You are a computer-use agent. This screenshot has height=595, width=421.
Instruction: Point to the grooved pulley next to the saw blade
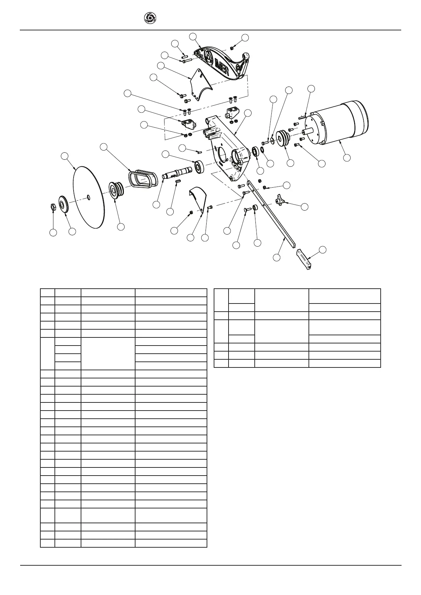[x=116, y=190]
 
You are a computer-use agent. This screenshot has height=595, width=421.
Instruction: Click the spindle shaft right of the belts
[x=177, y=173]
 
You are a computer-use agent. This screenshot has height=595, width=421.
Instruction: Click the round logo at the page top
[x=150, y=18]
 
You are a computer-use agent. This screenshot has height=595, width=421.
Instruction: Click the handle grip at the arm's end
[x=304, y=259]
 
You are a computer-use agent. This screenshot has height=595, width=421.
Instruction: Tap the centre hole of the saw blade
[x=88, y=196]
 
